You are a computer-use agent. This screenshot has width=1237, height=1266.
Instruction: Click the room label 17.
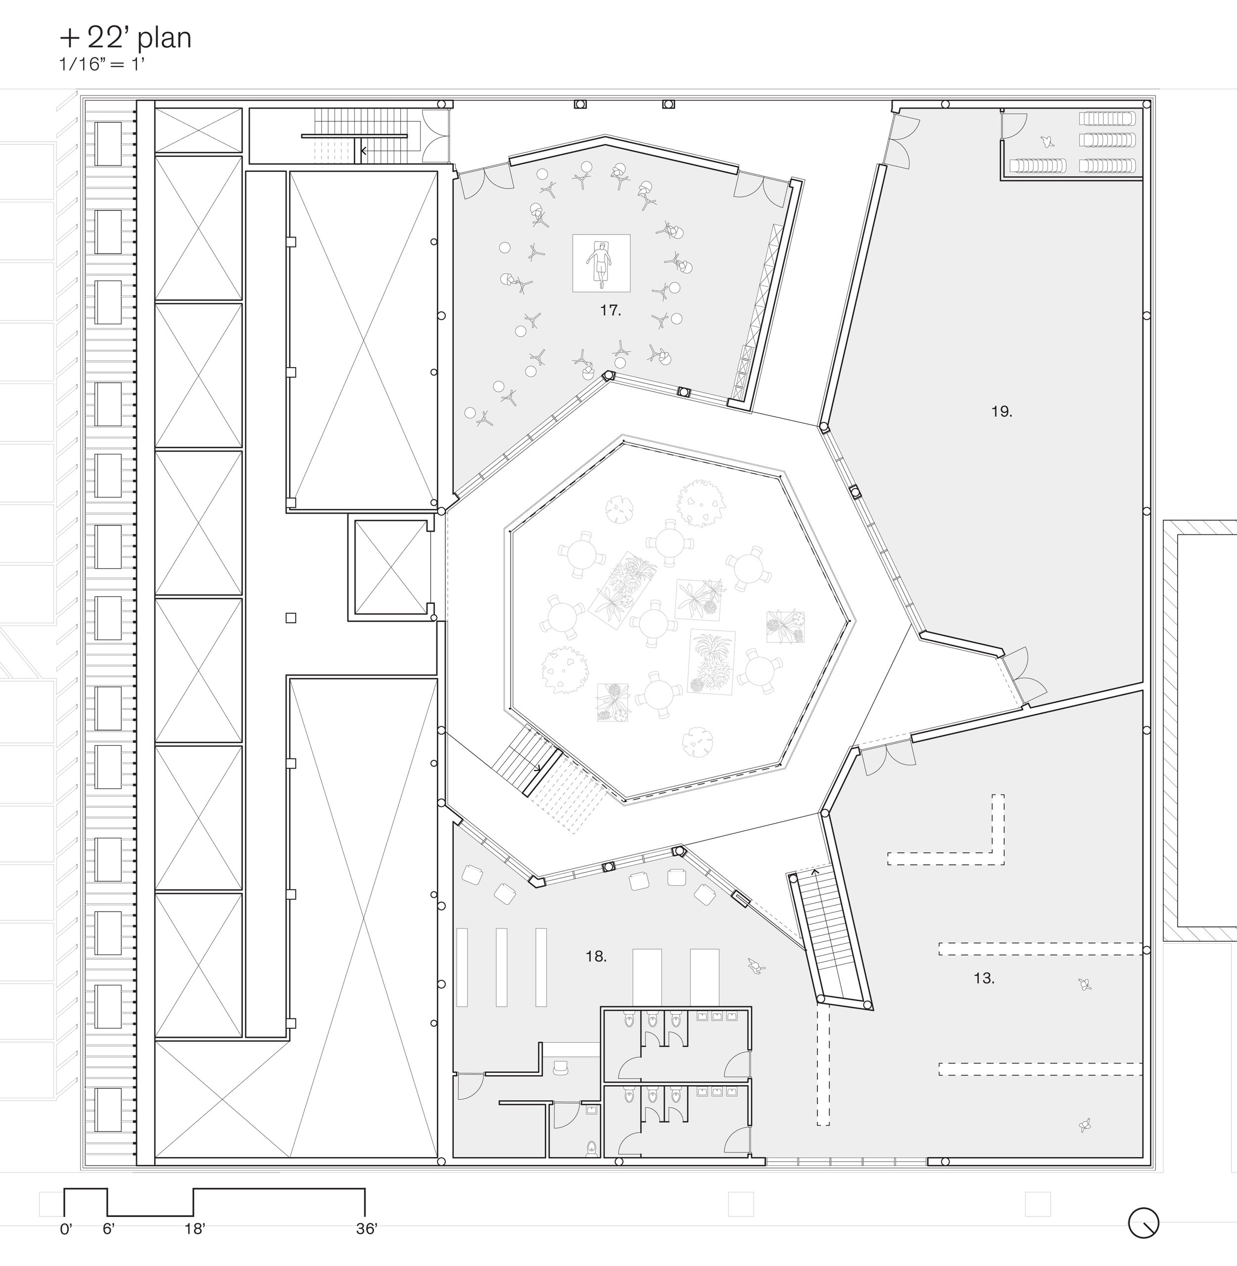610,311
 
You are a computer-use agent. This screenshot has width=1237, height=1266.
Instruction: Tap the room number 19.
1001,411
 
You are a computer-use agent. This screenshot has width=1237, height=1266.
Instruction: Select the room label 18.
595,957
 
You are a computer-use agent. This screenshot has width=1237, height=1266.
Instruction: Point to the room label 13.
984,978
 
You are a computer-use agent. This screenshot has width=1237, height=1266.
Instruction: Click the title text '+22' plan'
125,38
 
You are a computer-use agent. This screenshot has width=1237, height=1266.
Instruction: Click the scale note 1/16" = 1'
101,64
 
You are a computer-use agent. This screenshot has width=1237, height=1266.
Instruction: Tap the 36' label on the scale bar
367,1229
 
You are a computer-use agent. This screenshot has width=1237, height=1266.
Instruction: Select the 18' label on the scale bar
194,1229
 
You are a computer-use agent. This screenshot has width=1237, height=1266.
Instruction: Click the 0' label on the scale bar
66,1229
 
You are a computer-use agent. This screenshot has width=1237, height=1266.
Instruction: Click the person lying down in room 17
601,263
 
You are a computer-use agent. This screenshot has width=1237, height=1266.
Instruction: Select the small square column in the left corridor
291,618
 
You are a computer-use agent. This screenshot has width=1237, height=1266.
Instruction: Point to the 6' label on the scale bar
108,1229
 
